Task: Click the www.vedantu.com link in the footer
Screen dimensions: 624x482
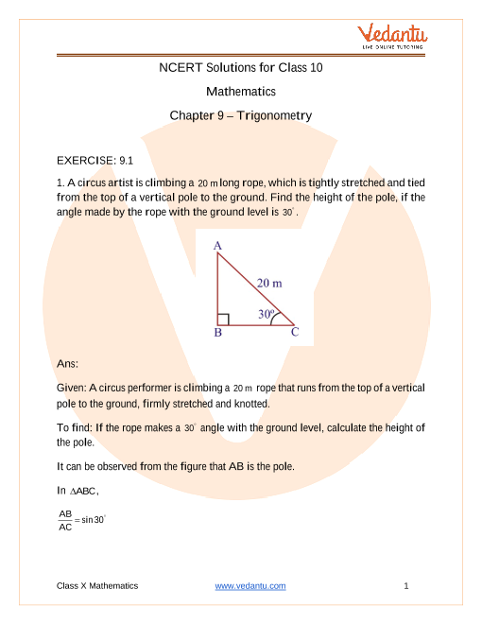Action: click(x=250, y=586)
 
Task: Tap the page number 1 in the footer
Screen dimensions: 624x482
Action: click(x=405, y=586)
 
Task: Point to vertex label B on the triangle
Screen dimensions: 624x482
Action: click(x=217, y=333)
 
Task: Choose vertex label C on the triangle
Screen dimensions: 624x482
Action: click(x=295, y=333)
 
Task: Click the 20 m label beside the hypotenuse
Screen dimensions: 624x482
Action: click(x=269, y=283)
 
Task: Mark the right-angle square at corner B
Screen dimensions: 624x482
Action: click(x=223, y=319)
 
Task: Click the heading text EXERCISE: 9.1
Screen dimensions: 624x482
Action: click(x=99, y=162)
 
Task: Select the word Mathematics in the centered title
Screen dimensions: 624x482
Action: click(x=240, y=92)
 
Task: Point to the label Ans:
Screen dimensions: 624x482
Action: click(x=69, y=363)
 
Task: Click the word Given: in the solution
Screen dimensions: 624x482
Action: click(x=72, y=388)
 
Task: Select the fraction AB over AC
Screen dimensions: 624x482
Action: click(x=65, y=521)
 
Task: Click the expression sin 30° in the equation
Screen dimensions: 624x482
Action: click(x=93, y=521)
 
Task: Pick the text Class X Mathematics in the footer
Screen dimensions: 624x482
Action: click(x=97, y=586)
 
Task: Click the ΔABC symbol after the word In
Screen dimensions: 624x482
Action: click(x=84, y=491)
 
